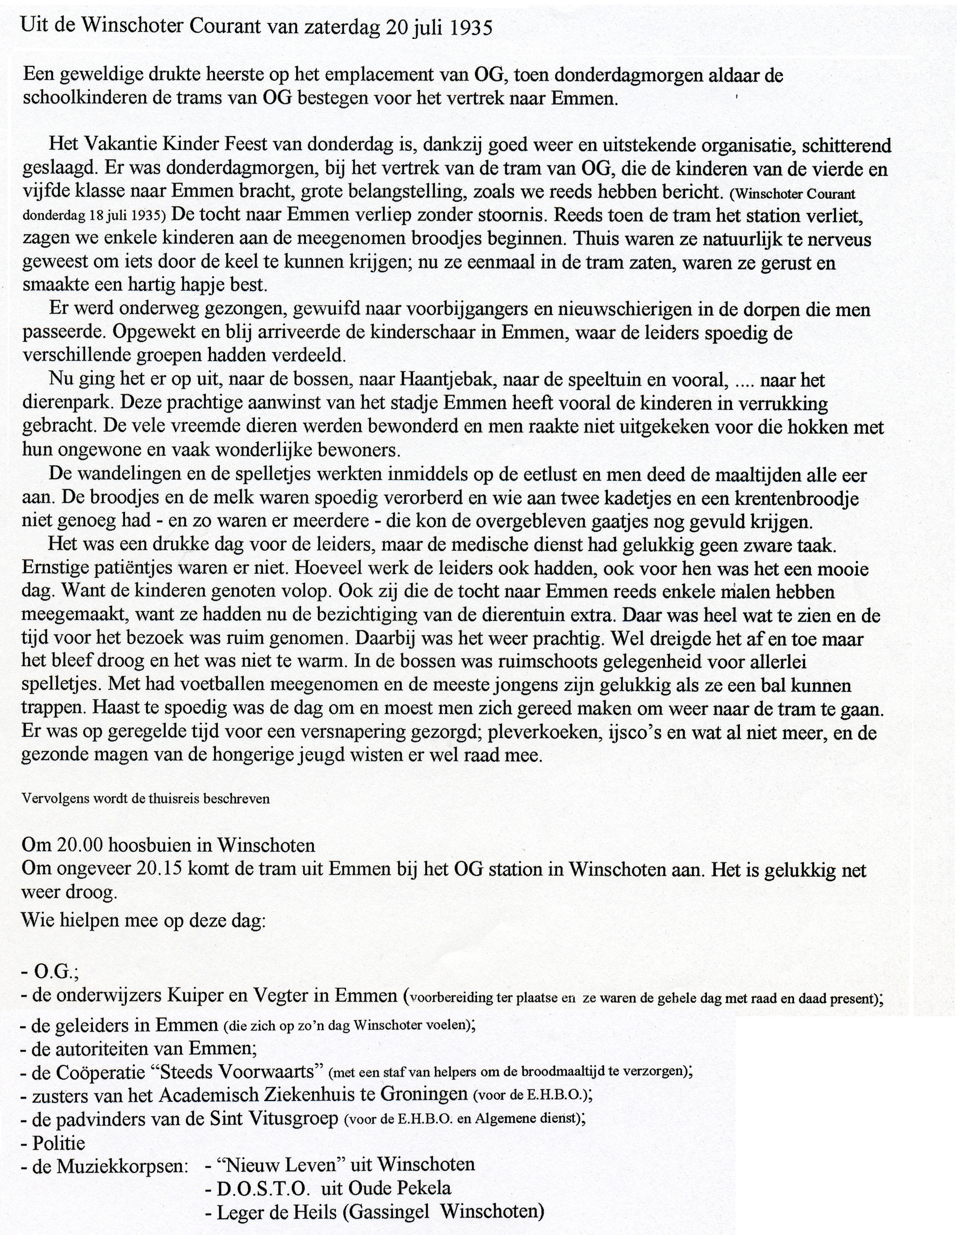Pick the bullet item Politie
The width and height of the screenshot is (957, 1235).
[58, 1143]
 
